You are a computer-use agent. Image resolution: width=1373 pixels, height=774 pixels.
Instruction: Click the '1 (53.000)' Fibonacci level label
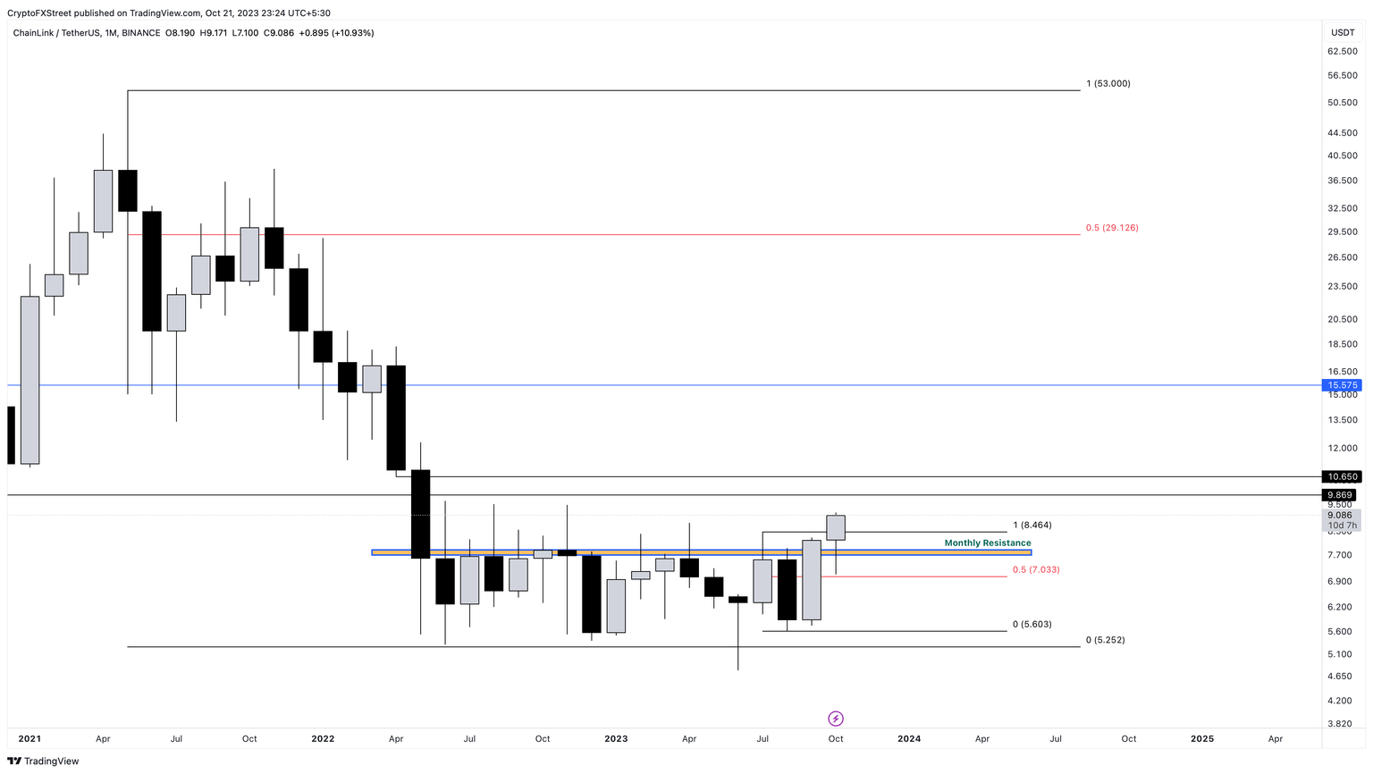click(1108, 84)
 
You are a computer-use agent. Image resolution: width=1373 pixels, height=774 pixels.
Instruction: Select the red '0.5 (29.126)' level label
click(1112, 228)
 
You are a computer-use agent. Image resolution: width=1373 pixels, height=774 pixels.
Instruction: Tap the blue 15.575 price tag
click(1342, 385)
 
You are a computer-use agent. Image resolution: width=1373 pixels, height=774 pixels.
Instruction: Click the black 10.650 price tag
click(1342, 477)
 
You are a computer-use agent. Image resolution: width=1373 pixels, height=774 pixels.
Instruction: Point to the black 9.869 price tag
click(1340, 495)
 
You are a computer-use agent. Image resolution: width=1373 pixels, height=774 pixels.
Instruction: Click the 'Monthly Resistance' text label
click(987, 543)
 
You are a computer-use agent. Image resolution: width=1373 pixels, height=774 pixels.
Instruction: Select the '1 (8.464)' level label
click(1032, 526)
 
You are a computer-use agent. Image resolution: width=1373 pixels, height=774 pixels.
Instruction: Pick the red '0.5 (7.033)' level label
click(1036, 569)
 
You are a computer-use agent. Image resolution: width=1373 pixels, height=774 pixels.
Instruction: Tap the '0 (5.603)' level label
click(1032, 625)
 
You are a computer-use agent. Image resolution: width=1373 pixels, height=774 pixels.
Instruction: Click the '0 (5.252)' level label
click(1105, 640)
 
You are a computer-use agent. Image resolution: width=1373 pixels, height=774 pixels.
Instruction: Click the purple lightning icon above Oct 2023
click(836, 719)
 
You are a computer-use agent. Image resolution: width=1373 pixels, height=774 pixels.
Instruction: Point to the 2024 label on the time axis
click(909, 739)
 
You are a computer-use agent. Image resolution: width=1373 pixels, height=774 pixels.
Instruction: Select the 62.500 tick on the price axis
click(1343, 52)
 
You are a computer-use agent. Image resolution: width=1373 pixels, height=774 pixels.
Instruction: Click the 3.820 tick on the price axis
click(1340, 724)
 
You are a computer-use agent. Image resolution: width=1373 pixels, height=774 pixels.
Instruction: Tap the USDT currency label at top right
click(1343, 33)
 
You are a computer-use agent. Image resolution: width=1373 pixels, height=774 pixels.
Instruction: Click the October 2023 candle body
click(836, 527)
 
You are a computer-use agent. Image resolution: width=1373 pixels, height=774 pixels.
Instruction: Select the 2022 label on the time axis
click(323, 739)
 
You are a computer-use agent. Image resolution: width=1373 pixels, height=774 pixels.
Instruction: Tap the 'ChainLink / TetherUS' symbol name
click(56, 33)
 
